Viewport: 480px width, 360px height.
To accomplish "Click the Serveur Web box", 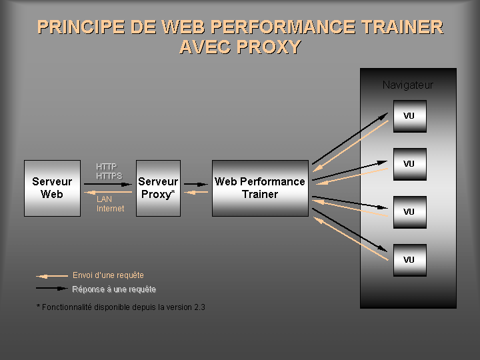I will tap(52, 188).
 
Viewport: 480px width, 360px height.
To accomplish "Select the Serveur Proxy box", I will tap(158, 188).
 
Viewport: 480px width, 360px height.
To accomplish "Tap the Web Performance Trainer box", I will tap(260, 188).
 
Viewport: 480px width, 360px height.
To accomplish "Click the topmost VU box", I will tap(409, 116).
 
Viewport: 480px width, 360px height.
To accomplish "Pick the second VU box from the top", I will tap(409, 164).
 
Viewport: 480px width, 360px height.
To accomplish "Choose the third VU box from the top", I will tap(409, 212).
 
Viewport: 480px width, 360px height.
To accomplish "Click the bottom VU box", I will tap(409, 260).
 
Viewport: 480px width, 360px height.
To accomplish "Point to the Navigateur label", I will tap(407, 85).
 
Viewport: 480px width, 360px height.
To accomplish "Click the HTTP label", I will tap(106, 167).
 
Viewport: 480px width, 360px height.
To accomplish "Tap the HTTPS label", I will tap(109, 175).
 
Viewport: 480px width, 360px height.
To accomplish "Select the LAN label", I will tap(105, 199).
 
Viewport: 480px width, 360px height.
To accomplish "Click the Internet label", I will tap(110, 209).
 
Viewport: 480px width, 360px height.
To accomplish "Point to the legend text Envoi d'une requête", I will tap(108, 275).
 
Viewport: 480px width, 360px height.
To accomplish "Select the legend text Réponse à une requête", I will tap(114, 289).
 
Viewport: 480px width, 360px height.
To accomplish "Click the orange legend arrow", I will tap(51, 276).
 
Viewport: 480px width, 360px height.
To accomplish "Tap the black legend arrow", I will tap(51, 289).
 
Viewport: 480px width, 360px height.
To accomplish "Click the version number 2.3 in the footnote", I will tap(199, 307).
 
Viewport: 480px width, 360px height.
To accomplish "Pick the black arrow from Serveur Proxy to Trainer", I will tap(196, 183).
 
